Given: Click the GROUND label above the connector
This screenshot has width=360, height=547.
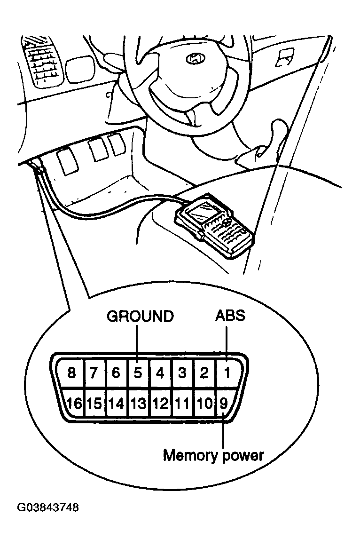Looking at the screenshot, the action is click(140, 316).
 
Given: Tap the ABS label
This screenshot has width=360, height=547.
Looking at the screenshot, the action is click(230, 316).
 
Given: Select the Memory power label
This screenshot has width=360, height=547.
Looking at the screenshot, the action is click(213, 455).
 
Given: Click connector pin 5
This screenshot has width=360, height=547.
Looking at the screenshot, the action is click(138, 373).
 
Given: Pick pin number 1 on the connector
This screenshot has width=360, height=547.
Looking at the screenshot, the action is click(227, 373).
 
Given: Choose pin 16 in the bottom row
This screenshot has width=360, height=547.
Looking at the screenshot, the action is click(74, 403).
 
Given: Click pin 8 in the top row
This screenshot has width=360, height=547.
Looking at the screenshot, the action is click(71, 373).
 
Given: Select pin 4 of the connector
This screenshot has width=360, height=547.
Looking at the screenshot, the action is click(160, 373).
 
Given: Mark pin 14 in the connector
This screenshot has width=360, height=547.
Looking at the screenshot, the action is click(117, 404).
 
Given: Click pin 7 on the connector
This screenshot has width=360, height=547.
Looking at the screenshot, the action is click(94, 373).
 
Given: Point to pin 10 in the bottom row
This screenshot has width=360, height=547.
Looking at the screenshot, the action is click(204, 404).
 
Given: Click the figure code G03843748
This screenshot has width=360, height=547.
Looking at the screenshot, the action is click(48, 507).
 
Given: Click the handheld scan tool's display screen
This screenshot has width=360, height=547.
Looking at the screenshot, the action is click(200, 211).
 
